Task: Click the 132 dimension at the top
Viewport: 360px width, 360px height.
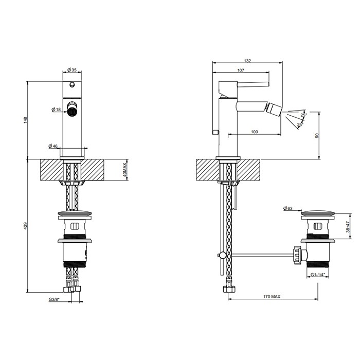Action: click(x=247, y=61)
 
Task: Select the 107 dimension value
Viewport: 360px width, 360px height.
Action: click(x=241, y=70)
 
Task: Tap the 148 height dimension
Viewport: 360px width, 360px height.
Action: click(x=26, y=120)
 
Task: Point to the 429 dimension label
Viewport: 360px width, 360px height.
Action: click(x=26, y=225)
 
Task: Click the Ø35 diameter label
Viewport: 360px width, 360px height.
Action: click(x=72, y=70)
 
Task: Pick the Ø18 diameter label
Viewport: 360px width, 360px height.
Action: click(x=57, y=110)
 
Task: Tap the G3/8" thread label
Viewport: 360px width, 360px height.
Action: click(x=55, y=299)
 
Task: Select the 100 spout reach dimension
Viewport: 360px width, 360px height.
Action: click(x=254, y=132)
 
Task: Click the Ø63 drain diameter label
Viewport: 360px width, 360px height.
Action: click(x=288, y=208)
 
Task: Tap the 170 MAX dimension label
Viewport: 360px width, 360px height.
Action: click(x=272, y=296)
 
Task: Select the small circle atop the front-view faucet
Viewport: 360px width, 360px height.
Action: click(x=73, y=85)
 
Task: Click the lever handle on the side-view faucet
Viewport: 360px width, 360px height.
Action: click(x=245, y=83)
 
